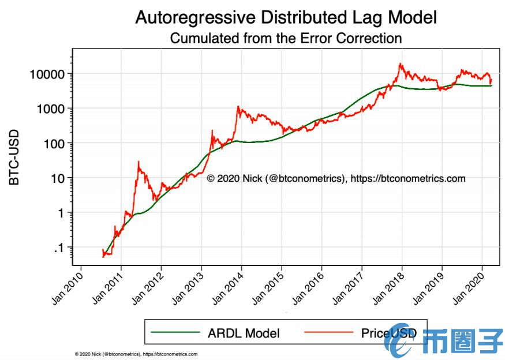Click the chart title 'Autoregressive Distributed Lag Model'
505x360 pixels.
tap(286, 17)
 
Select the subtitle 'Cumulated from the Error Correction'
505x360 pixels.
tap(286, 39)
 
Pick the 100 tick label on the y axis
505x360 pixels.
tap(57, 143)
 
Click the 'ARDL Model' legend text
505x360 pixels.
tap(244, 333)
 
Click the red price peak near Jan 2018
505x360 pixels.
tap(399, 64)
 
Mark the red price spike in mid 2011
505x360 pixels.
tap(139, 162)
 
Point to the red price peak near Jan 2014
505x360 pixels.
tap(238, 107)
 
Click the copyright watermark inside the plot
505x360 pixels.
tap(335, 178)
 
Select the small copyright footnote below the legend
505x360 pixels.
tap(136, 354)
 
